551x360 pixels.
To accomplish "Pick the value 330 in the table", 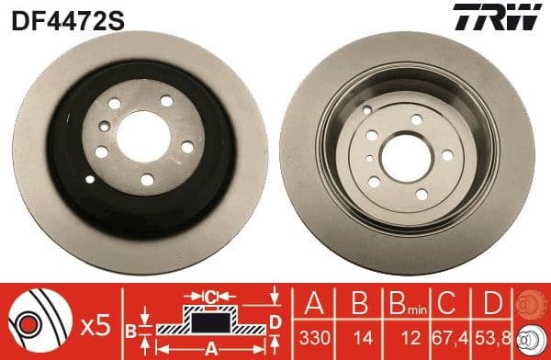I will pos(313,339).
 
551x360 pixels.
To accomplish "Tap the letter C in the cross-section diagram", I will pos(210,297).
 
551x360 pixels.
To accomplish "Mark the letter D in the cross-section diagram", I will pos(274,320).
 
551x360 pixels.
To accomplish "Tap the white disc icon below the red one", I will pos(530,339).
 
